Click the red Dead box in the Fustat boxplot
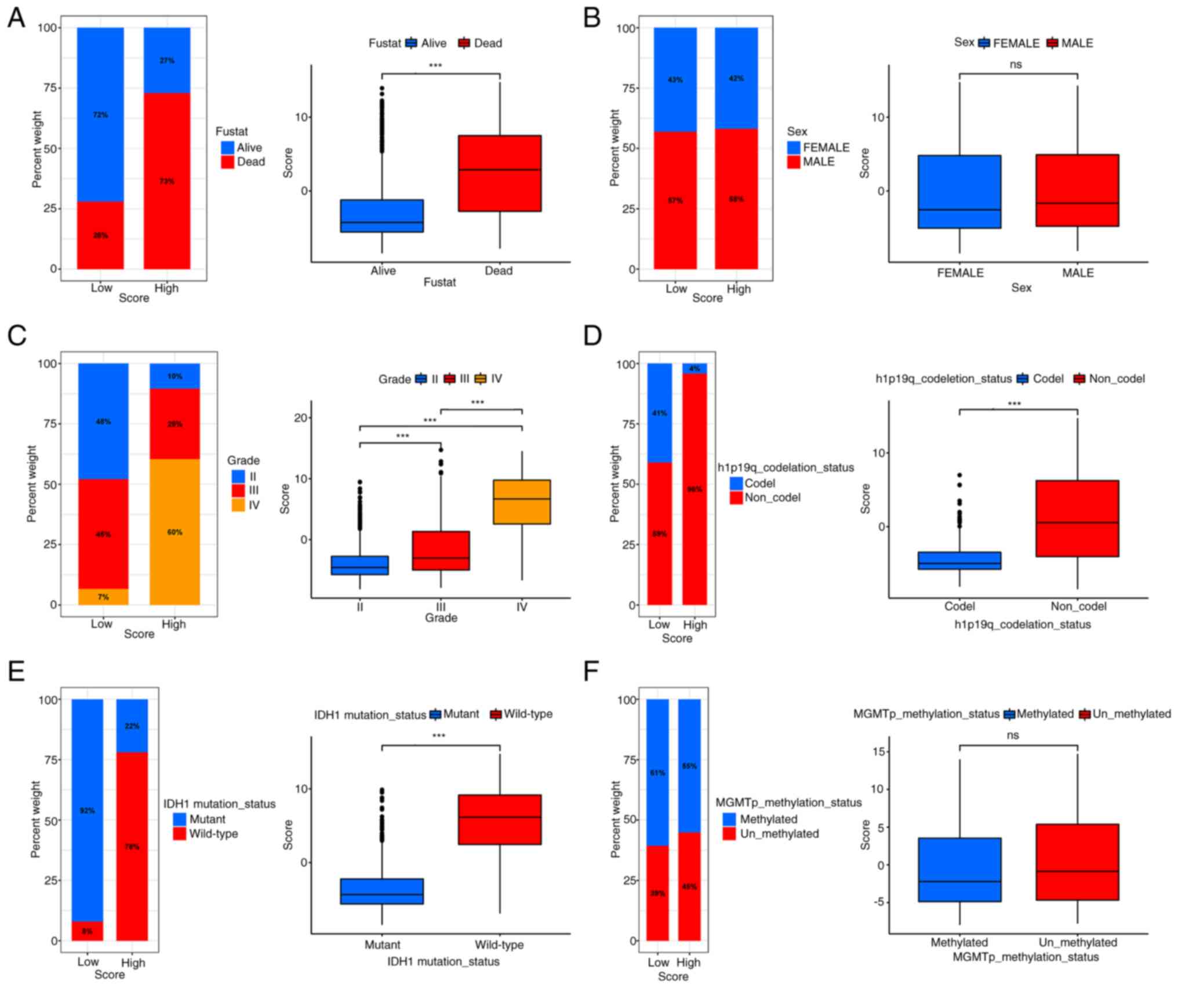point(499,173)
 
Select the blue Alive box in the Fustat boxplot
point(381,216)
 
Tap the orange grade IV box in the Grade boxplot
point(522,502)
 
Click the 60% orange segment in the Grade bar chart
point(174,532)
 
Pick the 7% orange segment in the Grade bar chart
point(103,597)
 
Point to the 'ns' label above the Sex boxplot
point(1015,64)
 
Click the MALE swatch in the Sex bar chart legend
point(793,162)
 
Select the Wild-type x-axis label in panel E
point(499,945)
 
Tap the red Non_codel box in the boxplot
point(1077,518)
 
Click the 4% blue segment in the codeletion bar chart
point(695,368)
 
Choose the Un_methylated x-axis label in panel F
point(1078,942)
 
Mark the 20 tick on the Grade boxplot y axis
point(300,417)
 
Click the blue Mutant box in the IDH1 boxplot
point(381,891)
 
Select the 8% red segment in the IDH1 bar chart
point(87,931)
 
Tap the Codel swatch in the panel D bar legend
point(736,483)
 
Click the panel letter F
point(591,671)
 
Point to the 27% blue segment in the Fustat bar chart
point(167,60)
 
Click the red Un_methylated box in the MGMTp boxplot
point(1077,862)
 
